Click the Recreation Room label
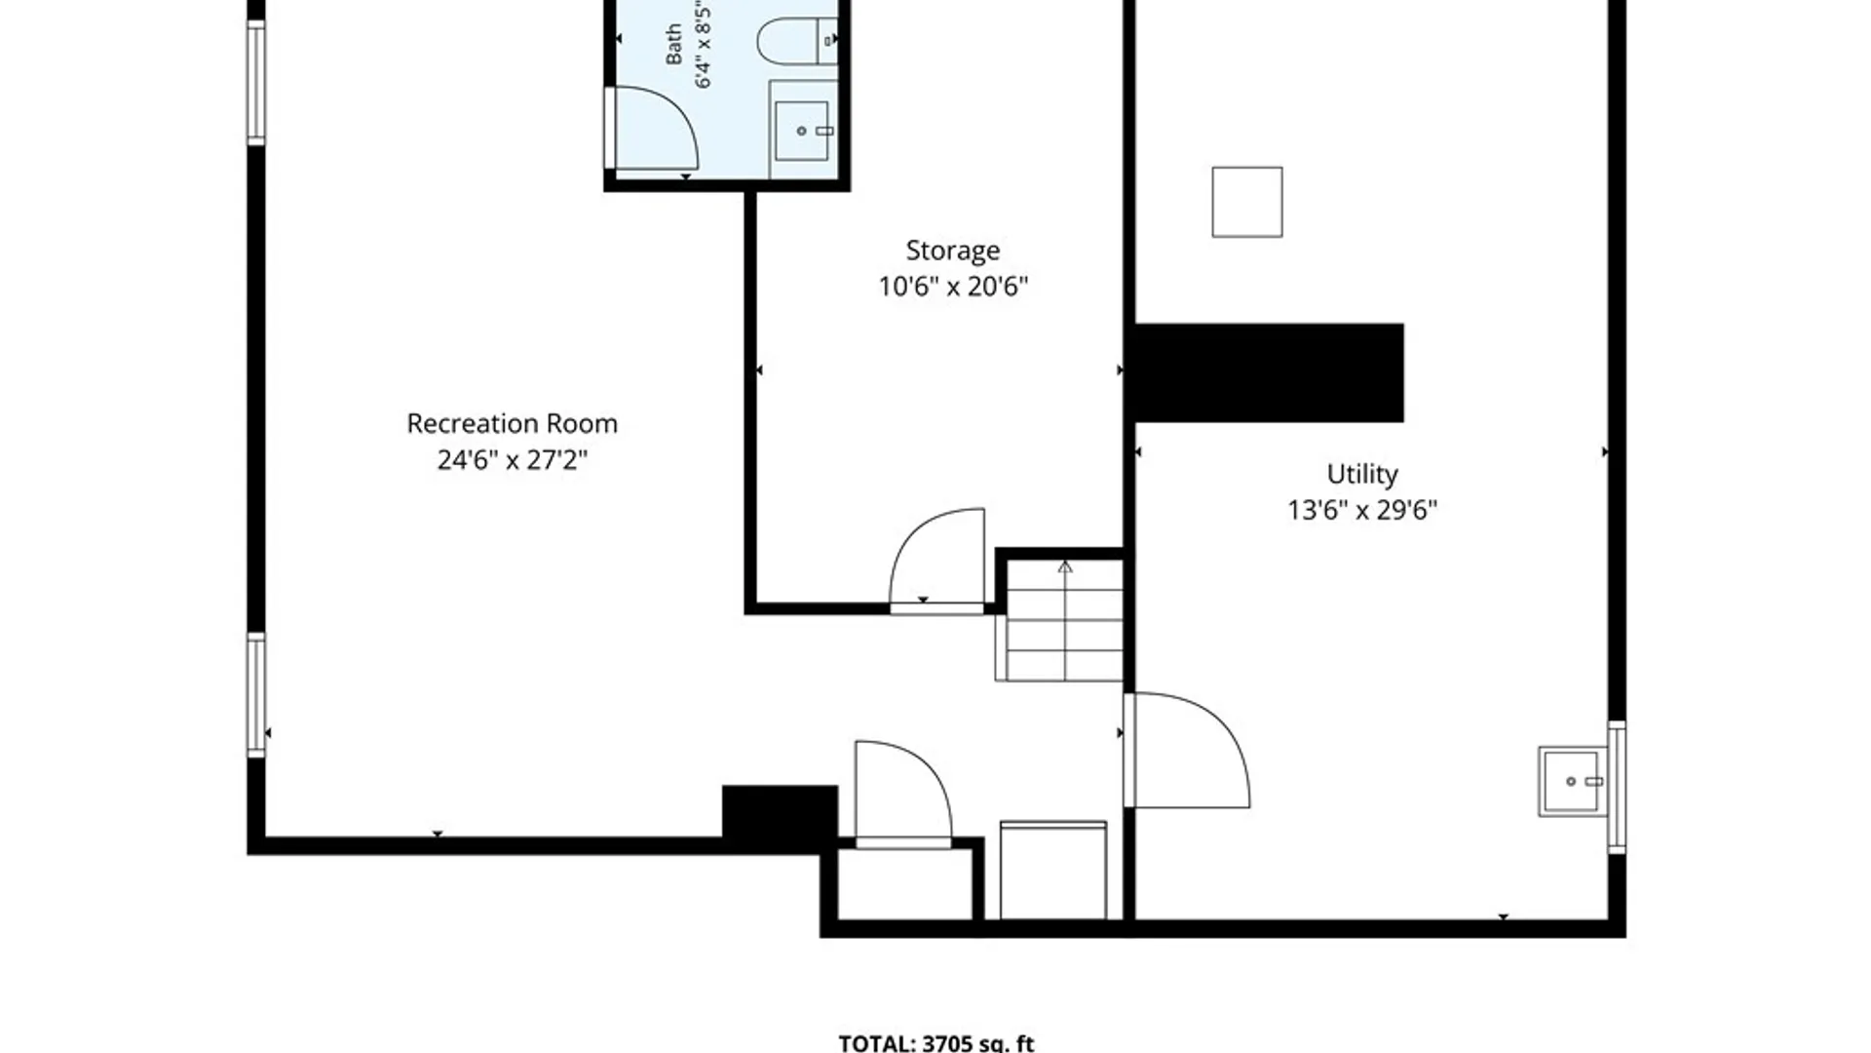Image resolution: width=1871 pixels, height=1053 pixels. click(x=512, y=424)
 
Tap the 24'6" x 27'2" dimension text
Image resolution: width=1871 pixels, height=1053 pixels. click(x=512, y=459)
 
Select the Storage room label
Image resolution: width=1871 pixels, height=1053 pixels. click(x=952, y=252)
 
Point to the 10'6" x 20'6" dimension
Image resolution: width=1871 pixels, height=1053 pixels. click(x=953, y=287)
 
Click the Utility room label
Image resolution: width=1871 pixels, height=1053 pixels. click(x=1362, y=475)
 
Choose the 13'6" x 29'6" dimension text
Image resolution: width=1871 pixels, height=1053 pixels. click(x=1362, y=510)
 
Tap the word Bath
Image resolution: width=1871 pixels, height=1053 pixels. click(x=673, y=45)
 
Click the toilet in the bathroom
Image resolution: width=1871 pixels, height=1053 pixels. click(x=796, y=40)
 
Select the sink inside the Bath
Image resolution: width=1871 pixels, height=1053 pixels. click(x=803, y=131)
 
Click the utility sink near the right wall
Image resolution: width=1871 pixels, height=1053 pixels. click(x=1571, y=781)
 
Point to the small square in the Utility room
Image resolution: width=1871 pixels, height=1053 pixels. click(x=1247, y=202)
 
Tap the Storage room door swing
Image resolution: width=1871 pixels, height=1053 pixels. click(x=936, y=560)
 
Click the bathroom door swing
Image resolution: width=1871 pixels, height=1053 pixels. click(x=651, y=128)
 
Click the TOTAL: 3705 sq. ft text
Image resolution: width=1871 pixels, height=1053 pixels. click(x=936, y=1042)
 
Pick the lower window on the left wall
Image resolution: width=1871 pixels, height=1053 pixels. click(x=256, y=695)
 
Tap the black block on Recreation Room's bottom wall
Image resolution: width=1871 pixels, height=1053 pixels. click(x=780, y=811)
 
